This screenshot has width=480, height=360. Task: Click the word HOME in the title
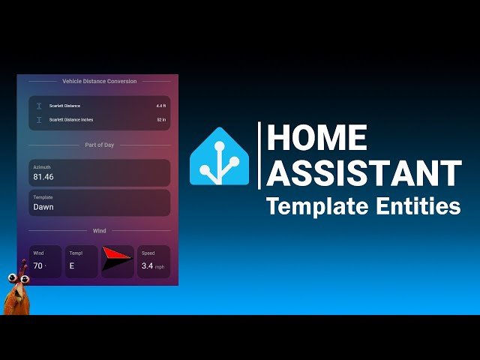[317, 137]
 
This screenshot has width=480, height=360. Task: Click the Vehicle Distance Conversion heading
[100, 81]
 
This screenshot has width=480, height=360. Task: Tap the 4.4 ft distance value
[160, 106]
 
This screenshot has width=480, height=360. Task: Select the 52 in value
[160, 120]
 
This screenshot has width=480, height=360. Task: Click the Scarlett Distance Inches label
[72, 120]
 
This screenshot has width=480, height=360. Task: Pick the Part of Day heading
[100, 145]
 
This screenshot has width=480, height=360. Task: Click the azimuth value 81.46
[43, 177]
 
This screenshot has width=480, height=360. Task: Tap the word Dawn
[43, 207]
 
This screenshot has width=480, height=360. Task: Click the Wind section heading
[100, 231]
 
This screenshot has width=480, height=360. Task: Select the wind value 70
[37, 265]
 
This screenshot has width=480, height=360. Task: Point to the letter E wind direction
[72, 265]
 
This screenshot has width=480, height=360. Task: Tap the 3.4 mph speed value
[148, 265]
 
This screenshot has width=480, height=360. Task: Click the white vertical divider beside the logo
[259, 155]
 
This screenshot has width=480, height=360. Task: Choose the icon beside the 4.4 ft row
[39, 106]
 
